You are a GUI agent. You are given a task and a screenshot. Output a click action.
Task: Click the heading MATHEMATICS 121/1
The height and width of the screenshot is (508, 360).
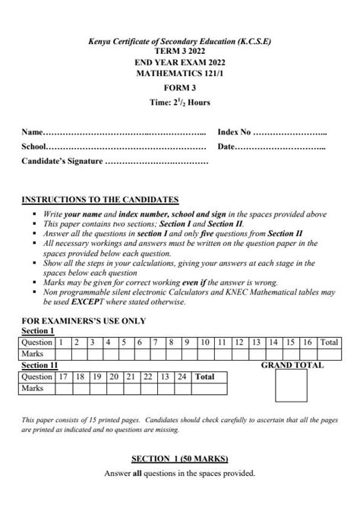(x=180, y=74)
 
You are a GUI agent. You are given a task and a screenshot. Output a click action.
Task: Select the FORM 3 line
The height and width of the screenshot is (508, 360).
(x=180, y=88)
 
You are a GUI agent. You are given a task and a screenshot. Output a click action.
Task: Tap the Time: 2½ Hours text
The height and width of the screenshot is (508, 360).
(x=180, y=103)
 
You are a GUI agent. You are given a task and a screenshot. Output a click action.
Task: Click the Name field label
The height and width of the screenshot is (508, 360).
(x=33, y=132)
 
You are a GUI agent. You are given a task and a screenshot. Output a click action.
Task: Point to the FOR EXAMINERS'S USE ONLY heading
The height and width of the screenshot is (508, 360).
(x=84, y=321)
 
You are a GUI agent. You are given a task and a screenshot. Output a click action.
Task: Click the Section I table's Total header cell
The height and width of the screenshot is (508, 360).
(x=329, y=342)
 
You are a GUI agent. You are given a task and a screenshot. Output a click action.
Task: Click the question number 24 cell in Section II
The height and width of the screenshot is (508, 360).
(x=182, y=377)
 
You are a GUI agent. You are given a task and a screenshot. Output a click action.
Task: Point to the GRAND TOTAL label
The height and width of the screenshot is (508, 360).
(x=292, y=365)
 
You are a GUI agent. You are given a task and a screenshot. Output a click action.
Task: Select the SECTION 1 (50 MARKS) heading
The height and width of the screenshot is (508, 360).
(x=180, y=459)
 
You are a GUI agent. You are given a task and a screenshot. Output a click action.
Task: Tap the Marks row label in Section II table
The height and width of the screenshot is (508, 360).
(x=33, y=388)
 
